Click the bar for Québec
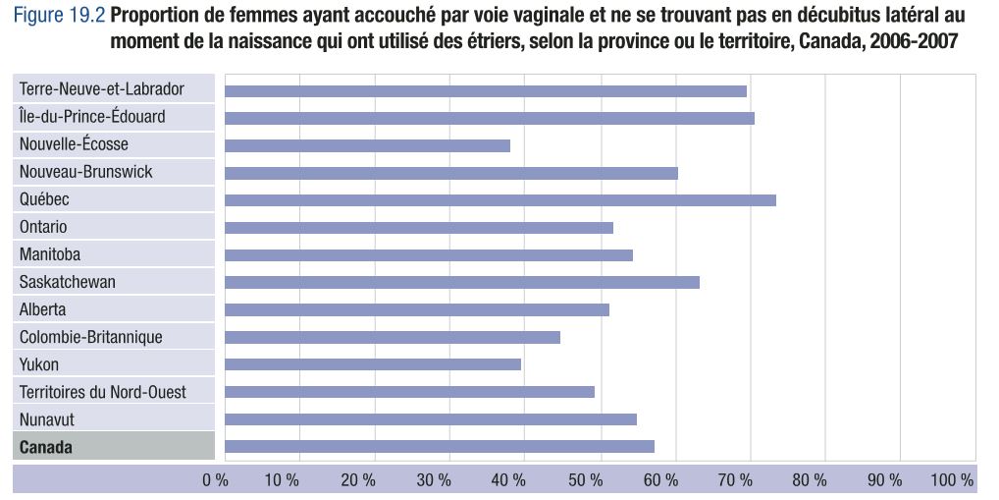[x=500, y=200]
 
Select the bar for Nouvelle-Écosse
[x=368, y=145]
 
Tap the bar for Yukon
[x=373, y=364]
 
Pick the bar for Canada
[x=440, y=447]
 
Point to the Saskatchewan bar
[x=462, y=283]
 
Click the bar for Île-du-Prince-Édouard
[x=490, y=118]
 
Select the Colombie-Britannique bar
[x=393, y=337]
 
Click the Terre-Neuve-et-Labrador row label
[x=102, y=89]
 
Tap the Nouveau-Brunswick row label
[x=86, y=172]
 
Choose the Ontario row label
[x=44, y=227]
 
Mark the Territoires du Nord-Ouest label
[x=103, y=392]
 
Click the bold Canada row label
[x=46, y=448]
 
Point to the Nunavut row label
[x=47, y=419]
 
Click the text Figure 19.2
[x=57, y=17]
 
